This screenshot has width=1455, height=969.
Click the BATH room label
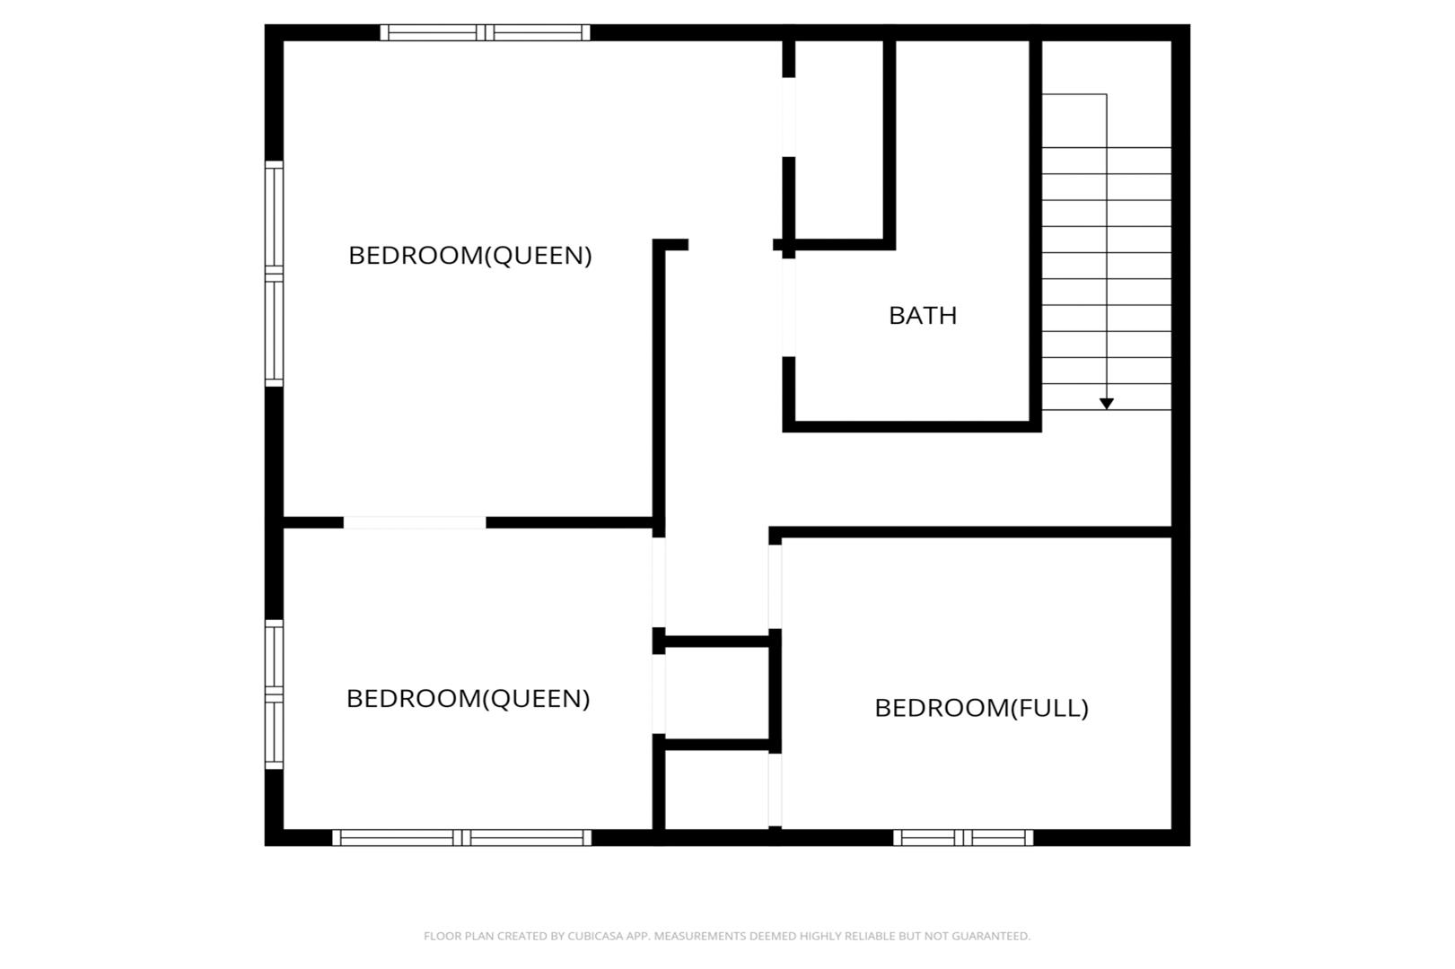point(923,316)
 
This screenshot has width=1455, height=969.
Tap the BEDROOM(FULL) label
point(981,708)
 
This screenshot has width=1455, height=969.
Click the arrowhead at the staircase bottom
point(1106,404)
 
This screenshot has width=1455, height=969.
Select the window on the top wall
point(486,32)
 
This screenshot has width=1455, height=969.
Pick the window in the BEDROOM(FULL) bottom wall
point(963,838)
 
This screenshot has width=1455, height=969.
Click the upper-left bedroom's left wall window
point(274,274)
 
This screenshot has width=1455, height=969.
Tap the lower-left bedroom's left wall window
point(274,694)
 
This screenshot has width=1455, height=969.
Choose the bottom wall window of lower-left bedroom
point(462,838)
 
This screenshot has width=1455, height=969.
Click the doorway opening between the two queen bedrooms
point(415,523)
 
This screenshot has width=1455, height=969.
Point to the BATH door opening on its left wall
point(789,308)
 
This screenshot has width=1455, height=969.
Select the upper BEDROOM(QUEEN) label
point(470,256)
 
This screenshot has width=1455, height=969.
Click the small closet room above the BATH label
point(839,140)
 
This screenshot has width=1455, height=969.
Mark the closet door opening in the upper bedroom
point(789,117)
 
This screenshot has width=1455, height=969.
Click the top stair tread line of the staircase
point(1106,147)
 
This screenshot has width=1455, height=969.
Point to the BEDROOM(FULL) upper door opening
point(775,587)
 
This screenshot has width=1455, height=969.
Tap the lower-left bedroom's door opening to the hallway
point(659,582)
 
